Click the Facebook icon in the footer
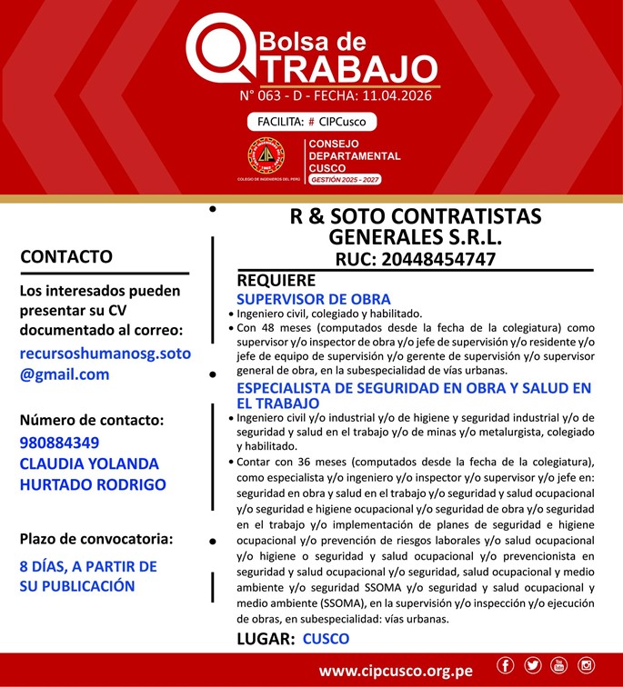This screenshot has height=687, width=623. (506, 667)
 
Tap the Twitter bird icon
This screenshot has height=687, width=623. (532, 667)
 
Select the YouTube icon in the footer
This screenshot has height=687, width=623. (558, 667)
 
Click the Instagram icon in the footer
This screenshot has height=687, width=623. (586, 667)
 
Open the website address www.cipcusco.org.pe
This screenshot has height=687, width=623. (396, 671)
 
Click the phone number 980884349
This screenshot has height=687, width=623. (59, 443)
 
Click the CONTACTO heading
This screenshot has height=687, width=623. (66, 256)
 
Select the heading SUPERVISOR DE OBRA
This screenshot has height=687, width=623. (313, 299)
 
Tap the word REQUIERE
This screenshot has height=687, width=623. (276, 281)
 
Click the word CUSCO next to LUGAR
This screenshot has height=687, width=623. (326, 638)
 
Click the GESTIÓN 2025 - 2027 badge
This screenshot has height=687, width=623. (345, 180)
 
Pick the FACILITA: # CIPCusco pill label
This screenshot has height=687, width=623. (311, 121)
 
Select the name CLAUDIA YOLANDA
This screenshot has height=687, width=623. (89, 463)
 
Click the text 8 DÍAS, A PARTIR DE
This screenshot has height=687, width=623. (88, 566)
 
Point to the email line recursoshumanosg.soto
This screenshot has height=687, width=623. (106, 353)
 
